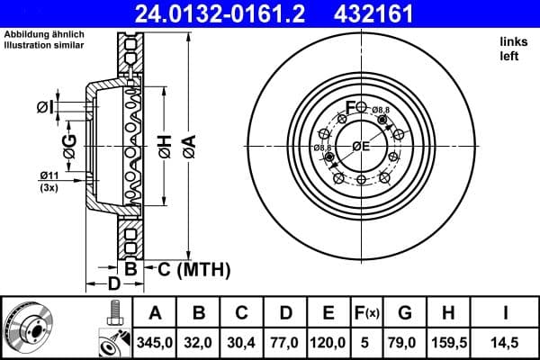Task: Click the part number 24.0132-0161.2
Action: click(x=208, y=14)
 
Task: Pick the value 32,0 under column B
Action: click(x=199, y=343)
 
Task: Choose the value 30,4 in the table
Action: click(x=242, y=343)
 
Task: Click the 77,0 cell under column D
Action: click(x=285, y=343)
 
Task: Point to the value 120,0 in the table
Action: click(x=328, y=343)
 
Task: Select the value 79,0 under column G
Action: click(x=405, y=343)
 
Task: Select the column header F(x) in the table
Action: click(x=367, y=314)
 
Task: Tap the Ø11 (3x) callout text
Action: click(x=49, y=180)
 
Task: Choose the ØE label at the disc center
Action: click(x=361, y=147)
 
